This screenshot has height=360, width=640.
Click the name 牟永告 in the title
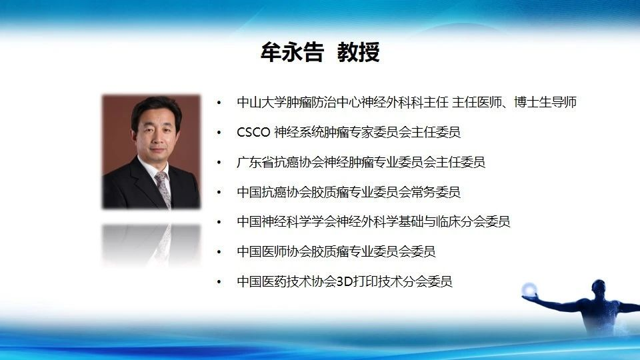[x=292, y=52]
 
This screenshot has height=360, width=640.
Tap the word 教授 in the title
[x=359, y=52]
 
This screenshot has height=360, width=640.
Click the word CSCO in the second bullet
[x=253, y=132]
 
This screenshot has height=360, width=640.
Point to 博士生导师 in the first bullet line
[x=545, y=102]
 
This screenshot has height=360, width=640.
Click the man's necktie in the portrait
[x=164, y=189]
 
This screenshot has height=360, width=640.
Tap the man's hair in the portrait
[x=155, y=110]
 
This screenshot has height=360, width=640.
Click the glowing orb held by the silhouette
[x=529, y=289]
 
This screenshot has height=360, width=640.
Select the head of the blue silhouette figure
[x=599, y=287]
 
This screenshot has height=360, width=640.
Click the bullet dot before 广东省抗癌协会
[x=219, y=163]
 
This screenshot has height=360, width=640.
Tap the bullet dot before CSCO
[x=219, y=133]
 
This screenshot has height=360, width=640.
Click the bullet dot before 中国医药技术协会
[x=219, y=282]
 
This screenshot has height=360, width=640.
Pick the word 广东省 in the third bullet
[x=255, y=162]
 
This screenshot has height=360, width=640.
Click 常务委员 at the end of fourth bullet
[x=435, y=192]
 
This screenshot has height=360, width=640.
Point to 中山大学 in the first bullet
[x=261, y=102]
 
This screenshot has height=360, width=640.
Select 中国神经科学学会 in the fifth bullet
[x=287, y=221]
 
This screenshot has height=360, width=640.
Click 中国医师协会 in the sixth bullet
[x=274, y=251]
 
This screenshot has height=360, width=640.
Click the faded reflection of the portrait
[x=151, y=244]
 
